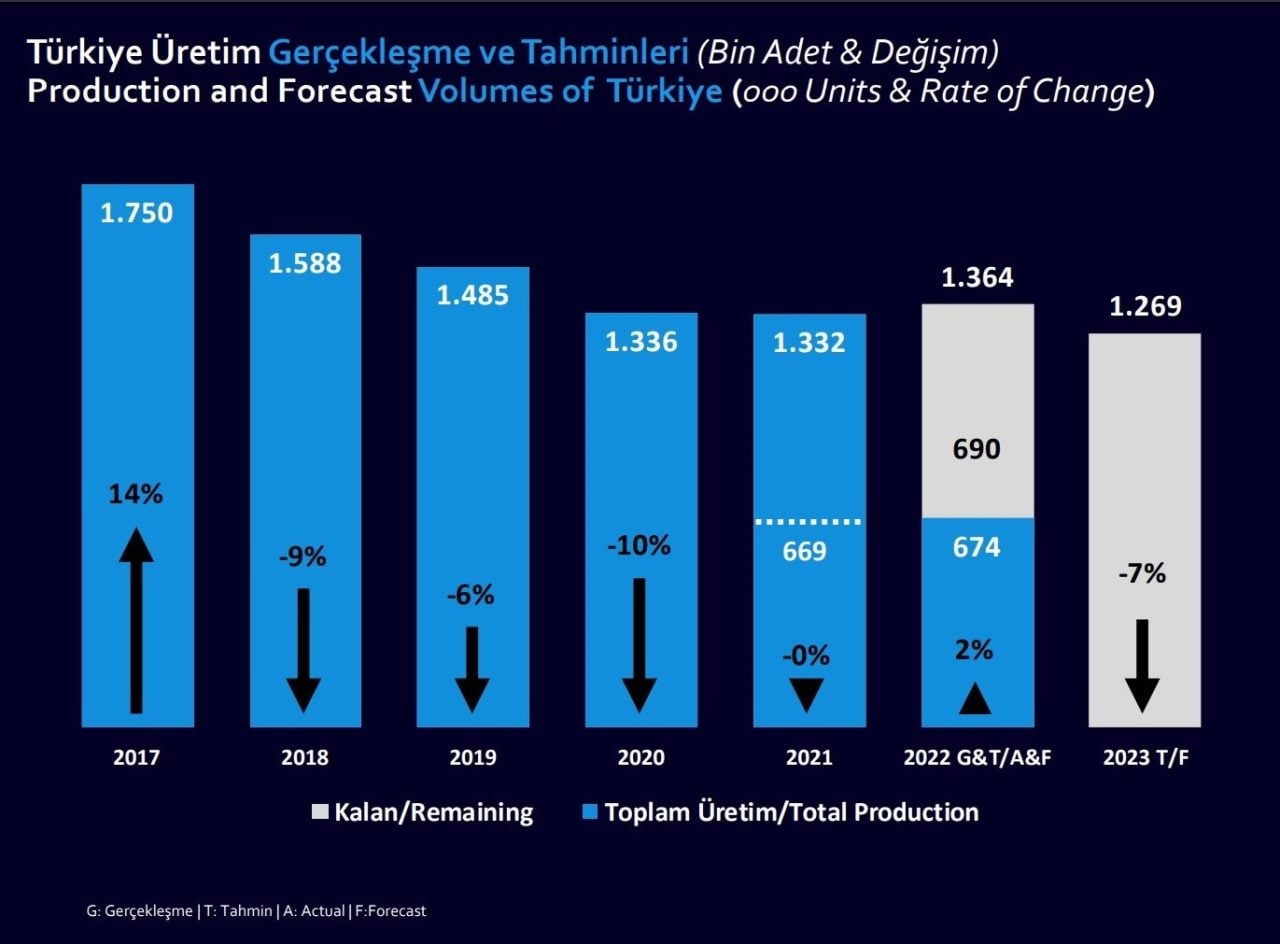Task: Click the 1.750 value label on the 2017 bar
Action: click(137, 213)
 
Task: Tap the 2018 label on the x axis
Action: click(305, 758)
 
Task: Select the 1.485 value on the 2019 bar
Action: click(473, 295)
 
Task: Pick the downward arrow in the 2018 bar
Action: click(304, 650)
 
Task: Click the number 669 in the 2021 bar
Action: click(805, 550)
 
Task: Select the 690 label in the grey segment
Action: click(976, 449)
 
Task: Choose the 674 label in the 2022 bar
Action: click(976, 547)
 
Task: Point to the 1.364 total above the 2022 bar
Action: click(977, 277)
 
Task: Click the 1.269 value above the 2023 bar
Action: click(1145, 306)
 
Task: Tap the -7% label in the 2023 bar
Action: click(1142, 574)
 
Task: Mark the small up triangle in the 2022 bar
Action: click(975, 700)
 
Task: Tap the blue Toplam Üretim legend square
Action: click(589, 812)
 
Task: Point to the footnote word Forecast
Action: click(400, 911)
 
